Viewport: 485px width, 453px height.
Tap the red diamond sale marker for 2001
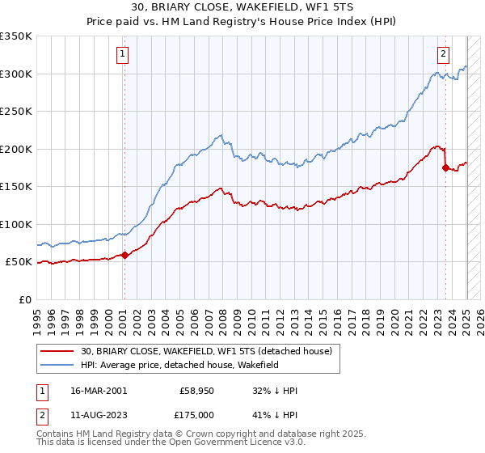[x=124, y=256]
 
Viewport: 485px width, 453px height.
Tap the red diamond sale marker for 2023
[x=445, y=168]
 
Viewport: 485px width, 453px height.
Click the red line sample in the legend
[x=58, y=351]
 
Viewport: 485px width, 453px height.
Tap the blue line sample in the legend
[x=58, y=366]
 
